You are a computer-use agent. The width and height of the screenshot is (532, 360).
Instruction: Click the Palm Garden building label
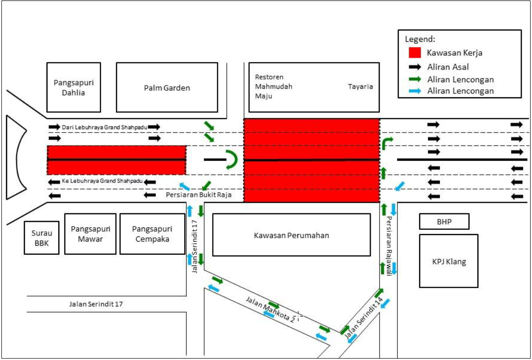pos(167,88)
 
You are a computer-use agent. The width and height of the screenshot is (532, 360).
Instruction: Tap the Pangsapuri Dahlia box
pos(73,88)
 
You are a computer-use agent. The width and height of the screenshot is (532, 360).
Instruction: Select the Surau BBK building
pos(41,238)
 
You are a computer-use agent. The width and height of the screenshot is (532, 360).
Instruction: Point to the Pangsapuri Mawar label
pos(90,234)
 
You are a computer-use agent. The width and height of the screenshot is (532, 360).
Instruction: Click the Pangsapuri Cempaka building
pos(152,234)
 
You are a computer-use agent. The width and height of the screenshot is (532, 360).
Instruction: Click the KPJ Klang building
pos(448,261)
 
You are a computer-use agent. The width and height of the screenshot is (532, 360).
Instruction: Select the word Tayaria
pos(360,86)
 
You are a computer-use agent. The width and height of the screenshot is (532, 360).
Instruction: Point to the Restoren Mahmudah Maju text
pos(273,86)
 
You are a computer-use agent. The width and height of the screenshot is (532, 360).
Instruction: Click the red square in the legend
pos(414,52)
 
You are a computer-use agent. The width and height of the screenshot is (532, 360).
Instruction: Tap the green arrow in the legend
pos(414,79)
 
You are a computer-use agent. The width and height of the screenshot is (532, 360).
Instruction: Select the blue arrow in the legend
pos(414,91)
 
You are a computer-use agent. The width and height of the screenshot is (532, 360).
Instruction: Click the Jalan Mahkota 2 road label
pos(271,309)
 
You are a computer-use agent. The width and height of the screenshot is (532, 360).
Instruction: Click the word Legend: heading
pos(420,39)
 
